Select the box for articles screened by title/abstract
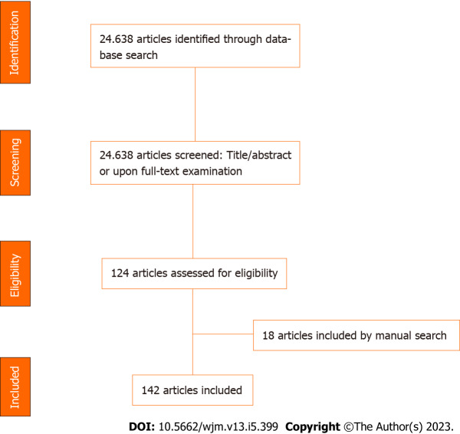(195, 162)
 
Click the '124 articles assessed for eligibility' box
(194, 271)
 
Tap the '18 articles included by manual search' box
(356, 335)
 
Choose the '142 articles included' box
(192, 390)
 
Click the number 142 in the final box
(151, 390)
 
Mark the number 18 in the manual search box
(268, 335)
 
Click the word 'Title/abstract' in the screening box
(258, 154)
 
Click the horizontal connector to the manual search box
(222, 335)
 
